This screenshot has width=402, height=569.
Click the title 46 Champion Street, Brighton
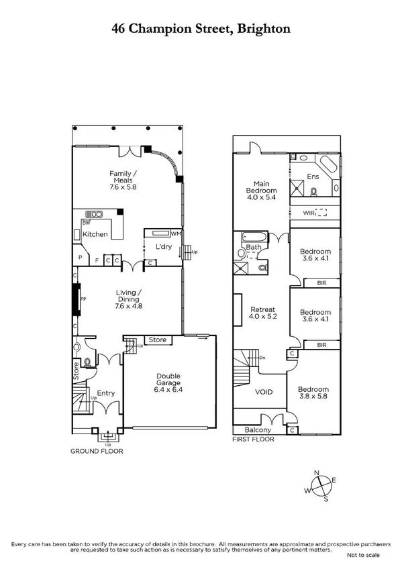(201, 29)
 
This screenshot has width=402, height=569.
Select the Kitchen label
(95, 234)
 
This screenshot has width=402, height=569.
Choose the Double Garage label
(174, 381)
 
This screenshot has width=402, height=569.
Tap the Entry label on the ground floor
(106, 394)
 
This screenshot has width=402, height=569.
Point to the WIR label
(309, 213)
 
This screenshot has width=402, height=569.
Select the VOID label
(264, 391)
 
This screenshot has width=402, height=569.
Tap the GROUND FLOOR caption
(96, 451)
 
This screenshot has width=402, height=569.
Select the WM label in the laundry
(176, 234)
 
